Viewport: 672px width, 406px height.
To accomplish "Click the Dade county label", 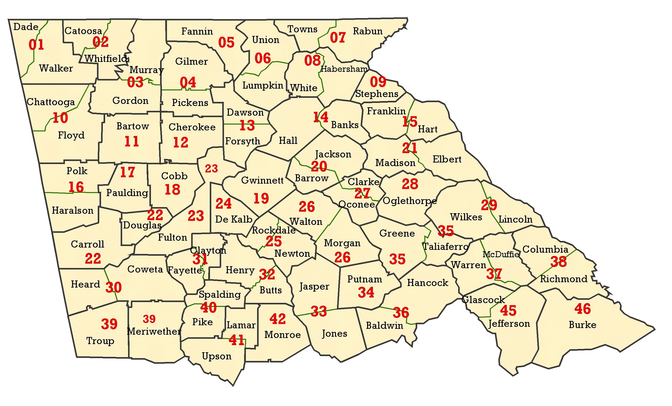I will coord(26,27).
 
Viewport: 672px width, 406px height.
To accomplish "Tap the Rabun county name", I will coord(368,31).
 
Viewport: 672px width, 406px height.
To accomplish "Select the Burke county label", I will coord(582,325).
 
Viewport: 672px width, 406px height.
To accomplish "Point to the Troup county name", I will coord(100,341).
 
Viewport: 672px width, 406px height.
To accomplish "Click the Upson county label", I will coord(217,356).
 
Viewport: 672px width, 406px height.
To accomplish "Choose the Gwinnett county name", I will coord(262,180).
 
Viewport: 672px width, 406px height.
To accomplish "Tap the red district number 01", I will coord(36,45).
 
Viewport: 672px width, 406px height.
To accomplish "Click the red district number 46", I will coord(582,309).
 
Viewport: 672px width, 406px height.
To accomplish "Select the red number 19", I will coord(261,198).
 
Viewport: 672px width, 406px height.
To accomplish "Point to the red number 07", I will coord(338,37).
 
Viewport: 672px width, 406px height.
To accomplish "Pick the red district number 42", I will coord(277,319).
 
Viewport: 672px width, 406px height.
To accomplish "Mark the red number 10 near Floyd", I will coord(60,118).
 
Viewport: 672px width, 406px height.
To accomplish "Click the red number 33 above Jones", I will coord(318,311).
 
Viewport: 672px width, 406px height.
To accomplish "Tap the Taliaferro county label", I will coord(445,247).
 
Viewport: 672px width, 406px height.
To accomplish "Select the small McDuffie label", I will coord(500,254).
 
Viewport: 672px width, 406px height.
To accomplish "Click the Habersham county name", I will coord(344,69).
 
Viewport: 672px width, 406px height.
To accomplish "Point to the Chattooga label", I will coord(51,102).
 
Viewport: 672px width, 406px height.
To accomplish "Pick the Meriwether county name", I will coord(154,331).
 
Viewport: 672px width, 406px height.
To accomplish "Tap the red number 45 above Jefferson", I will coord(508,311).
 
